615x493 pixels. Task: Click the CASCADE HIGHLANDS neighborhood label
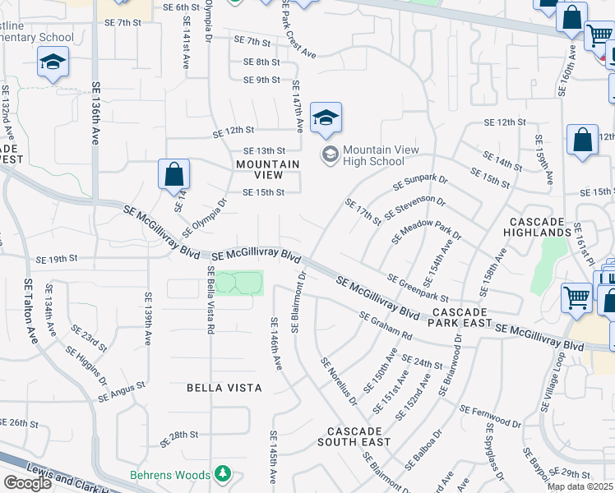coord(538,228)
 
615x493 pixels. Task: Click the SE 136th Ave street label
coord(95,112)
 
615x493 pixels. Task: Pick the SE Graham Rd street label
coord(386,325)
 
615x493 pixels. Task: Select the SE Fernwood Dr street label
coord(490,417)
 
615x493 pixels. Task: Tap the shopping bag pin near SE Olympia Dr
coord(173,175)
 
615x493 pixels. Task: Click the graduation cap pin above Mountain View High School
coord(326,118)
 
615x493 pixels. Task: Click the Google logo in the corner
coord(27,483)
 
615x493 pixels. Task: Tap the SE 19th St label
coord(57,260)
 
